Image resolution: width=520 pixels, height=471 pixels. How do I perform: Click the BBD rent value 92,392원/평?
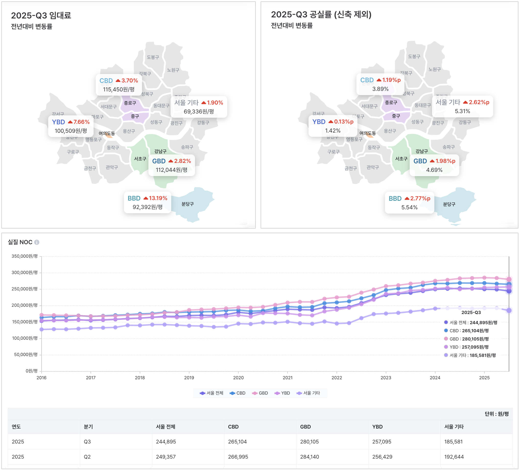(x=147, y=207)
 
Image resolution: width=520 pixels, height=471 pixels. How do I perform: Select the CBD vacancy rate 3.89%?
(x=380, y=89)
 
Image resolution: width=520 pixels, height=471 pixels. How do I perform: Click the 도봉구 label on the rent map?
(x=153, y=57)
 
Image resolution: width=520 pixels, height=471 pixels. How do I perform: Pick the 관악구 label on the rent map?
(x=112, y=167)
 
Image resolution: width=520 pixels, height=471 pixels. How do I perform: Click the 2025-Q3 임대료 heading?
(x=41, y=15)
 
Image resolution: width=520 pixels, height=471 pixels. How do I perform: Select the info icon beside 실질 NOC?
(x=37, y=242)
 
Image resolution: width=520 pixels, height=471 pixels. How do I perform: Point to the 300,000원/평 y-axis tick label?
(x=24, y=272)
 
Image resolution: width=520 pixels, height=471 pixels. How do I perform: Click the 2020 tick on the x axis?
(x=238, y=378)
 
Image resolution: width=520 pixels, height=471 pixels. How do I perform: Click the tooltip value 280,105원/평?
(x=475, y=339)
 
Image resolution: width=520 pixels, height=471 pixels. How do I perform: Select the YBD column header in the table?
(x=377, y=427)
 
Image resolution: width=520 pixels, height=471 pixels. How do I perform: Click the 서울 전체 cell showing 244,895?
(x=166, y=442)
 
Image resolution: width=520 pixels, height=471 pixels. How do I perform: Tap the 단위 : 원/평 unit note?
(x=496, y=414)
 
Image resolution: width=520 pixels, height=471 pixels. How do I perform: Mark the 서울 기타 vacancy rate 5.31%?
(x=462, y=111)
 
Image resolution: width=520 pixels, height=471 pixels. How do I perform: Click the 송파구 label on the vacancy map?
(x=449, y=147)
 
